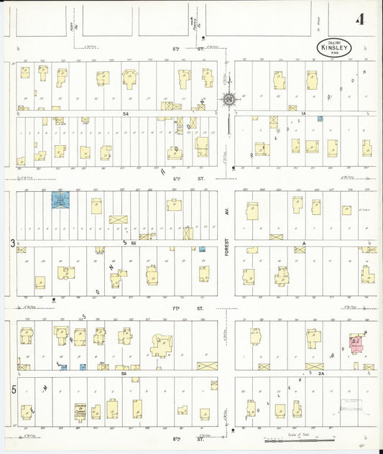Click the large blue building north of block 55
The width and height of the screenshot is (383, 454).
(x=59, y=200)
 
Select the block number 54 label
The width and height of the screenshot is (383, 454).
(x=125, y=114)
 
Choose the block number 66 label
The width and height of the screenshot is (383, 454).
(x=124, y=374)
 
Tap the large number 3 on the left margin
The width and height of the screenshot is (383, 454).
(x=12, y=244)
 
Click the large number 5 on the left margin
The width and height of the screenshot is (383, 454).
(x=12, y=388)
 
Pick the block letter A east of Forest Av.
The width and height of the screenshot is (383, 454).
(x=304, y=244)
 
